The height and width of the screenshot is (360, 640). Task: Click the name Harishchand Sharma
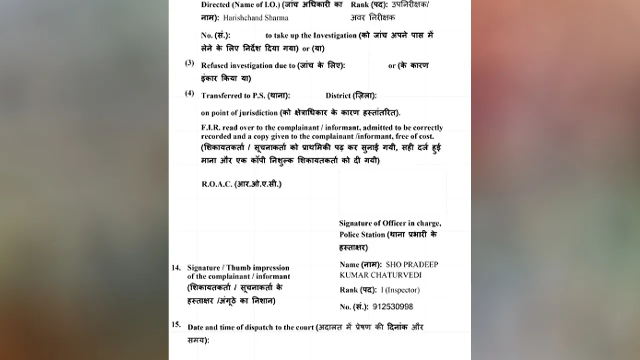256,18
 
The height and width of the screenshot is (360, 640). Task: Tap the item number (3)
190,63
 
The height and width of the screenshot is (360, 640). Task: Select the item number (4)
190,93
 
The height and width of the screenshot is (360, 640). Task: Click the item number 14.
176,268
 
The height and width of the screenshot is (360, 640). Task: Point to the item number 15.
176,325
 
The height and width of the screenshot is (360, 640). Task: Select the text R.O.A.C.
217,184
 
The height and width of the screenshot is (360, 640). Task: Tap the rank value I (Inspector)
400,290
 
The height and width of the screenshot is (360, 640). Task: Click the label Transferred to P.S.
233,96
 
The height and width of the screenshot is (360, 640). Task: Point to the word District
338,96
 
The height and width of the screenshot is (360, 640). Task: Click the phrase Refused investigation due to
248,66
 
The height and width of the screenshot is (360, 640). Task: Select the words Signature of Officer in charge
390,223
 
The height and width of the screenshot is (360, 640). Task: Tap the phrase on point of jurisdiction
239,113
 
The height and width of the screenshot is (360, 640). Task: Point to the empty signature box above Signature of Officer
393,192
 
